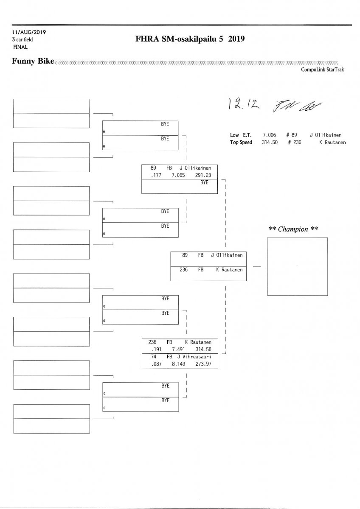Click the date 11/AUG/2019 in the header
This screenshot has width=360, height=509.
pos(29,32)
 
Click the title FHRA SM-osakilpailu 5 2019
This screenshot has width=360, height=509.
pos(190,39)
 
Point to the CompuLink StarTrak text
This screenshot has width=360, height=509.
pos(323,70)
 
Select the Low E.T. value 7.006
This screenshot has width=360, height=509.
pos(270,135)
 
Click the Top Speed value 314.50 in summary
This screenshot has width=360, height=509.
pos(270,143)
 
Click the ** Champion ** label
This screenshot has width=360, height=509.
pos(293,229)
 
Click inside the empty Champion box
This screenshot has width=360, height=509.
pos(297,266)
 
